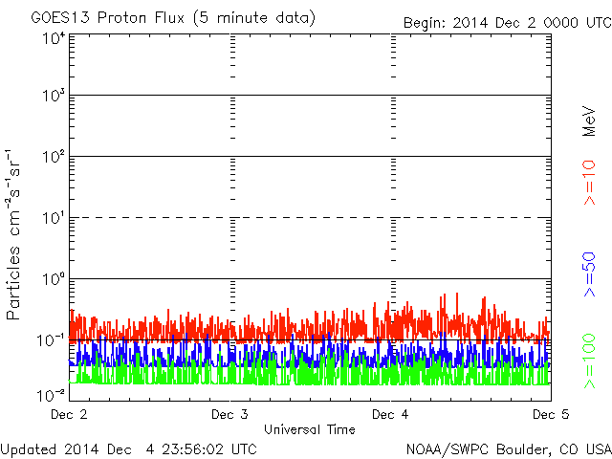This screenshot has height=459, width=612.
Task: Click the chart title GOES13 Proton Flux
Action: pos(173,18)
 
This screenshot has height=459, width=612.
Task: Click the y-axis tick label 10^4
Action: pos(54,39)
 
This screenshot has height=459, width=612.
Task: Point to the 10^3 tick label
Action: pos(54,97)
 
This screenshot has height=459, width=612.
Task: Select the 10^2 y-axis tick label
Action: pos(54,158)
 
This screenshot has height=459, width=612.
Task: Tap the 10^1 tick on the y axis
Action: pos(54,219)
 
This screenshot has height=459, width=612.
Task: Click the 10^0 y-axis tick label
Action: pos(54,280)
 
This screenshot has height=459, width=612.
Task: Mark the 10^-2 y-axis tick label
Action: pos(52,394)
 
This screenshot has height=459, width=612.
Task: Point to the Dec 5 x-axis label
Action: pos(548,415)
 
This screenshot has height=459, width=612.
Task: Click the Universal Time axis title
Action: pos(309,429)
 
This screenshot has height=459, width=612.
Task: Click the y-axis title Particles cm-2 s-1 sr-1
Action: pos(16,233)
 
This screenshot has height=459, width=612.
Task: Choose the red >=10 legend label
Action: pos(589,183)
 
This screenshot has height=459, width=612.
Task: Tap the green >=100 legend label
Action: pos(589,361)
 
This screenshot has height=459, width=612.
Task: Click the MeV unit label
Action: pos(589,121)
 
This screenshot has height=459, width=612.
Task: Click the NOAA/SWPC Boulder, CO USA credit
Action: pos(508,448)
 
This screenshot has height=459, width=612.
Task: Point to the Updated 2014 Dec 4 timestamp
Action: pos(128,448)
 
